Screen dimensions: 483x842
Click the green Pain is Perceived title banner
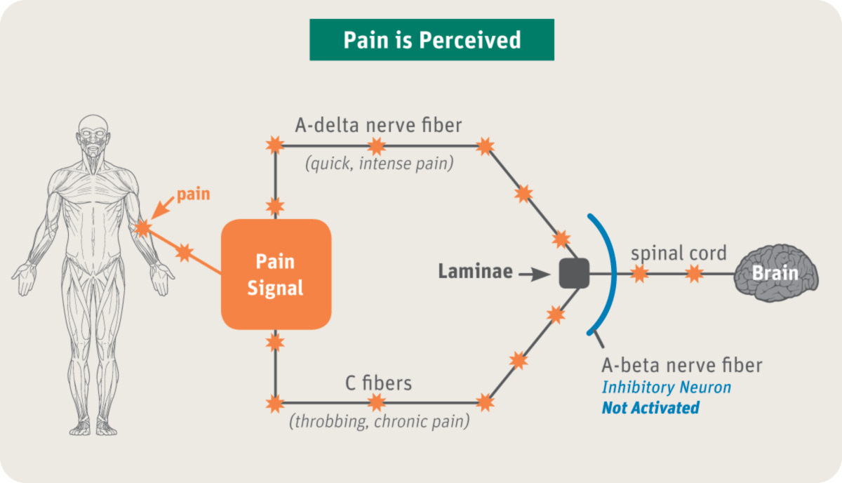pyautogui.click(x=432, y=40)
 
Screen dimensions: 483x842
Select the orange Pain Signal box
pyautogui.click(x=276, y=274)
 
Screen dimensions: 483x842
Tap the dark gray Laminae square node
pyautogui.click(x=574, y=273)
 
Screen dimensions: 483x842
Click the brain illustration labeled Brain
pyautogui.click(x=775, y=273)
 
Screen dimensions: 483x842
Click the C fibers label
pyautogui.click(x=378, y=383)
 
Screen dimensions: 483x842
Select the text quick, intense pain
pyautogui.click(x=378, y=165)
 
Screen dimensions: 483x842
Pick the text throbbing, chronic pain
pyautogui.click(x=379, y=423)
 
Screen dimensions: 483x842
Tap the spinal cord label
pyautogui.click(x=678, y=253)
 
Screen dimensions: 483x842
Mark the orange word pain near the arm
pyautogui.click(x=193, y=193)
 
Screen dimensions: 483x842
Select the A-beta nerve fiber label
pyautogui.click(x=682, y=365)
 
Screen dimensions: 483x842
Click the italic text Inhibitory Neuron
pyautogui.click(x=666, y=387)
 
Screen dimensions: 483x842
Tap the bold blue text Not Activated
pyautogui.click(x=650, y=407)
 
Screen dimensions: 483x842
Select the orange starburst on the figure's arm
pyautogui.click(x=142, y=227)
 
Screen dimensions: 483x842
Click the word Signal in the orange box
pyautogui.click(x=276, y=288)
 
